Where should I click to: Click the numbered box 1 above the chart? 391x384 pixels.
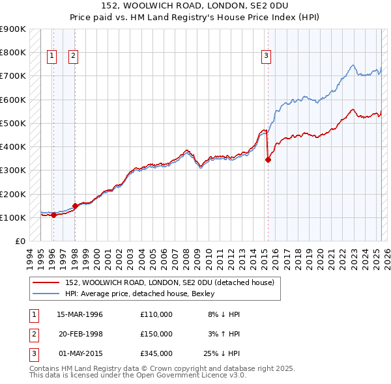click(x=51, y=57)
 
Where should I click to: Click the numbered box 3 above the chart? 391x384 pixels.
click(x=266, y=57)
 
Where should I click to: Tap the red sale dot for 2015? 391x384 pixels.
click(x=268, y=159)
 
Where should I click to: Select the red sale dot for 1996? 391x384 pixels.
click(x=53, y=215)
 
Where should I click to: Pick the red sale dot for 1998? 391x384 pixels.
click(x=75, y=206)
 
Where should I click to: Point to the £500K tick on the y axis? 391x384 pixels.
click(x=14, y=123)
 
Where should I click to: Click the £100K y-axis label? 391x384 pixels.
click(x=14, y=217)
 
